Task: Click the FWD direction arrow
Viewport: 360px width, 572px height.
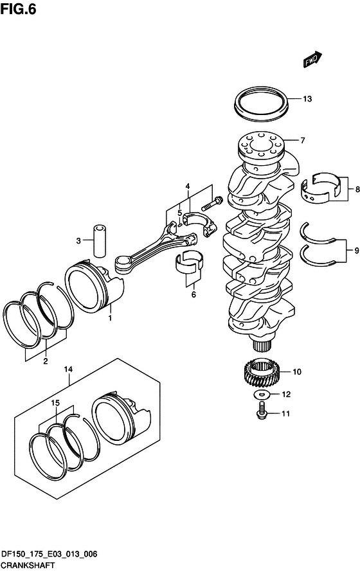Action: [312, 60]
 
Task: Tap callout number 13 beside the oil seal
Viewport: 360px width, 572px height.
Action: [307, 99]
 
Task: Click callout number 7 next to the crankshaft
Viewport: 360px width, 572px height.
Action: [302, 141]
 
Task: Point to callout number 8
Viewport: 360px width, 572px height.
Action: [357, 190]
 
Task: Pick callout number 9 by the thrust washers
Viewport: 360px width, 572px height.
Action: [356, 251]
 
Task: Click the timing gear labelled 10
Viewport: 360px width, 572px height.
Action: [262, 371]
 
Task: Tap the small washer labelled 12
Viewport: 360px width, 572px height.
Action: [262, 395]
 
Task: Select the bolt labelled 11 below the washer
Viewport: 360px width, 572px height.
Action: [261, 411]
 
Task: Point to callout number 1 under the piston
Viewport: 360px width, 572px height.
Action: [110, 318]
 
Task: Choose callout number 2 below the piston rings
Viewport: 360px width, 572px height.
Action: [46, 361]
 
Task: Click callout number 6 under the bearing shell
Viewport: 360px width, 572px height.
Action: [194, 294]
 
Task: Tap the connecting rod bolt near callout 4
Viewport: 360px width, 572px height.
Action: [212, 204]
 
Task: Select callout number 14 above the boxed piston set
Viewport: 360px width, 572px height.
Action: [68, 369]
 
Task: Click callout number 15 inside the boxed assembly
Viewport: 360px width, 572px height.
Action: [55, 403]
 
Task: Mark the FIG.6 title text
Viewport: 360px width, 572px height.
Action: [18, 9]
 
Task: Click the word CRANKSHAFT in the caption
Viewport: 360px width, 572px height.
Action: [28, 566]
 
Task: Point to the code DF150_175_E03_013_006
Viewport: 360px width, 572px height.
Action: [50, 555]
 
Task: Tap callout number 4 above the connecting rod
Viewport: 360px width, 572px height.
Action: [188, 187]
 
